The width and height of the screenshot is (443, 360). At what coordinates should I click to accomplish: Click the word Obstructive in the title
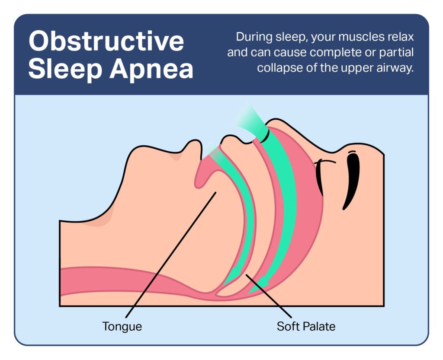(x=106, y=41)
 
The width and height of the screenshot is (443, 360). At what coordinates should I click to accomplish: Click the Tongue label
(x=122, y=326)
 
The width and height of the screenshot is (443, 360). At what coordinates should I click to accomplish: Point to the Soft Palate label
(x=306, y=326)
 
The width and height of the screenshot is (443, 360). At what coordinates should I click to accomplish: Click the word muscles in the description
(x=349, y=37)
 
